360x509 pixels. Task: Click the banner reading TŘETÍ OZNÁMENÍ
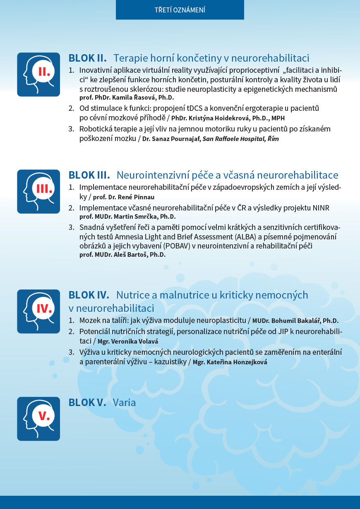pyautogui.click(x=180, y=10)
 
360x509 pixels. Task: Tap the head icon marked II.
pyautogui.click(x=38, y=74)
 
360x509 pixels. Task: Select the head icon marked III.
pyautogui.click(x=38, y=191)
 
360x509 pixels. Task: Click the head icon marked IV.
pyautogui.click(x=38, y=311)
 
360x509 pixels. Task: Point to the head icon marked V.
pyautogui.click(x=38, y=418)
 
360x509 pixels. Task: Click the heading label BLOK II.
pyautogui.click(x=88, y=58)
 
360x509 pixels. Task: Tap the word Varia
pyautogui.click(x=124, y=402)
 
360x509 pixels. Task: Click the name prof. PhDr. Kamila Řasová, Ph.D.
pyautogui.click(x=127, y=98)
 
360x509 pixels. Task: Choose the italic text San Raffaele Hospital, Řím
pyautogui.click(x=240, y=139)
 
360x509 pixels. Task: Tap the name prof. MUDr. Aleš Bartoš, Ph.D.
pyautogui.click(x=122, y=255)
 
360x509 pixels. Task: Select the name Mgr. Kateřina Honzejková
pyautogui.click(x=230, y=362)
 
